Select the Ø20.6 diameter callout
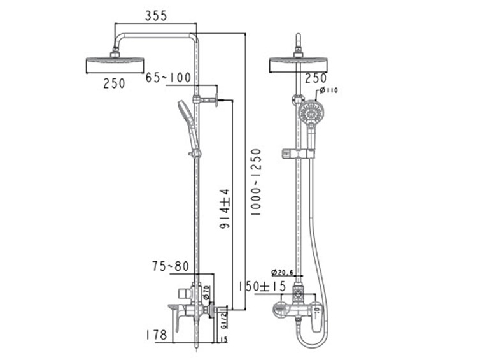point(283,272)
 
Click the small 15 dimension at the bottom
point(224,339)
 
